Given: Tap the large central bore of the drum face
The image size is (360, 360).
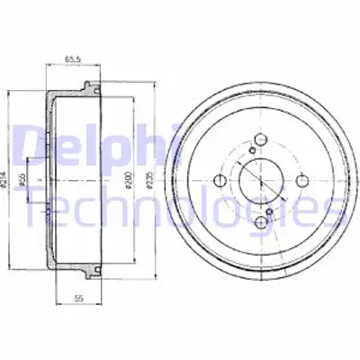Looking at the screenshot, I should pos(261,180).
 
